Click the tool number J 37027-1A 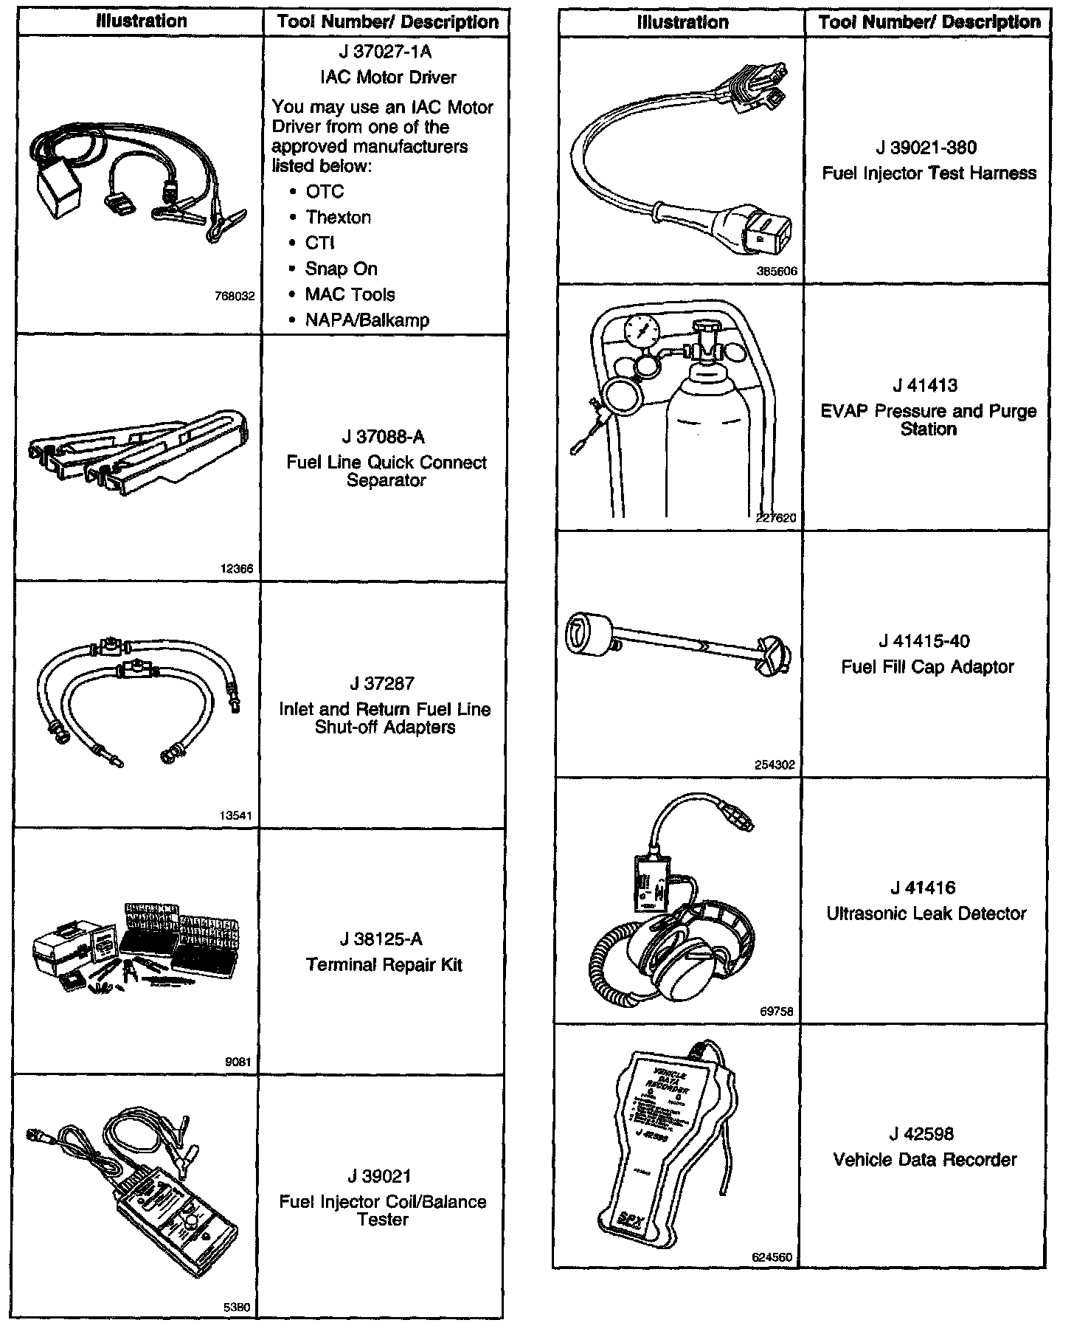coord(386,52)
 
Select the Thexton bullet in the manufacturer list coord(338,218)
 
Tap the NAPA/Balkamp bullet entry coord(367,320)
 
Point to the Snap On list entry coord(341,269)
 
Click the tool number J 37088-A coord(387,438)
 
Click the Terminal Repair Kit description coord(384,965)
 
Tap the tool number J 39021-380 coord(926,148)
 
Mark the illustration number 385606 coord(776,272)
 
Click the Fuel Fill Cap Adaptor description coord(927,667)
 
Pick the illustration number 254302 coord(775,765)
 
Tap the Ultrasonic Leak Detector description coord(926,914)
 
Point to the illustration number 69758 coord(776,1012)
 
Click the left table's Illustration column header coord(141,21)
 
